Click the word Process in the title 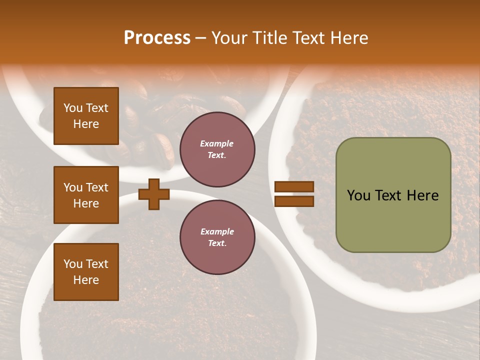coord(157,38)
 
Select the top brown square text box coord(86,116)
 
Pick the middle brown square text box coord(86,195)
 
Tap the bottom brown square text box coord(86,272)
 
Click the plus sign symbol coord(154,194)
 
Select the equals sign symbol coord(294,194)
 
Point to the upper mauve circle coord(217,149)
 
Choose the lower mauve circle coord(217,237)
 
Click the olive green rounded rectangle coord(393,195)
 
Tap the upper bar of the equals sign coord(294,186)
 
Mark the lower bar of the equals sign coord(294,201)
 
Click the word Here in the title coord(348,38)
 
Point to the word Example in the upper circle coord(217,143)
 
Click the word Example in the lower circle coord(217,231)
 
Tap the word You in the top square coord(72,108)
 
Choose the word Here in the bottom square coord(86,280)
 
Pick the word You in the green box coord(358,195)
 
